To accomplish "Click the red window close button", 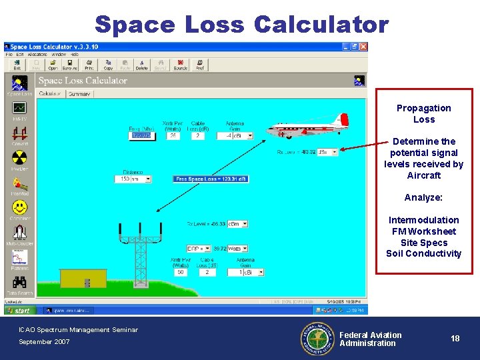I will tap(363, 47).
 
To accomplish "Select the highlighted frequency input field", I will tap(141, 135).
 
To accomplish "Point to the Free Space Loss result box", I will tap(211, 179).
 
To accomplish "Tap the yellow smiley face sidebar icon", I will tap(19, 207).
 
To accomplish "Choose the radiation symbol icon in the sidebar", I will tap(19, 158).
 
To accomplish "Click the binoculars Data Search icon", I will tap(19, 283).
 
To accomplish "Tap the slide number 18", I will tap(455, 339).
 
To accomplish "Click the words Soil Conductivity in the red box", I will tap(423, 254).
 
